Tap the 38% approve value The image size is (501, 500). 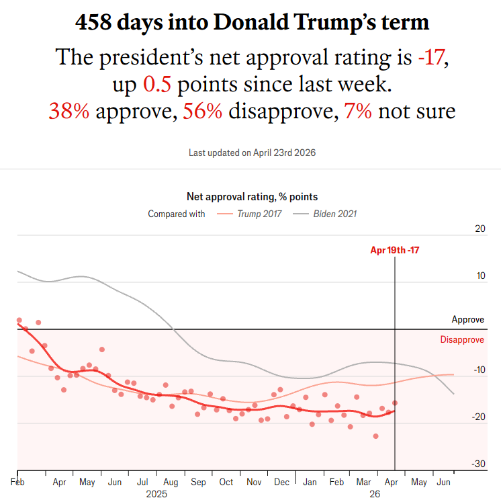(x=69, y=110)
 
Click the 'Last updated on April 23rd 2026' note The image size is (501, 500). (x=252, y=153)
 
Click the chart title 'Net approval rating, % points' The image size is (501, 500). (x=252, y=197)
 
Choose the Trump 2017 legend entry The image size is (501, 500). (x=250, y=214)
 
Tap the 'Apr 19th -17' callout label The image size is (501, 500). (x=394, y=250)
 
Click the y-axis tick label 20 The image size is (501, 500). (x=480, y=229)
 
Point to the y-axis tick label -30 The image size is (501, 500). (x=478, y=464)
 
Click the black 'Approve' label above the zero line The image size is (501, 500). (x=467, y=320)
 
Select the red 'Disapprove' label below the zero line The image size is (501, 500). (x=462, y=340)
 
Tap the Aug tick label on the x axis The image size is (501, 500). (x=170, y=482)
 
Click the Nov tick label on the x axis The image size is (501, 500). (x=253, y=482)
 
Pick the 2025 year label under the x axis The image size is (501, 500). (x=156, y=493)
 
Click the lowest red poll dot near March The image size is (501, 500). (x=375, y=436)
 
